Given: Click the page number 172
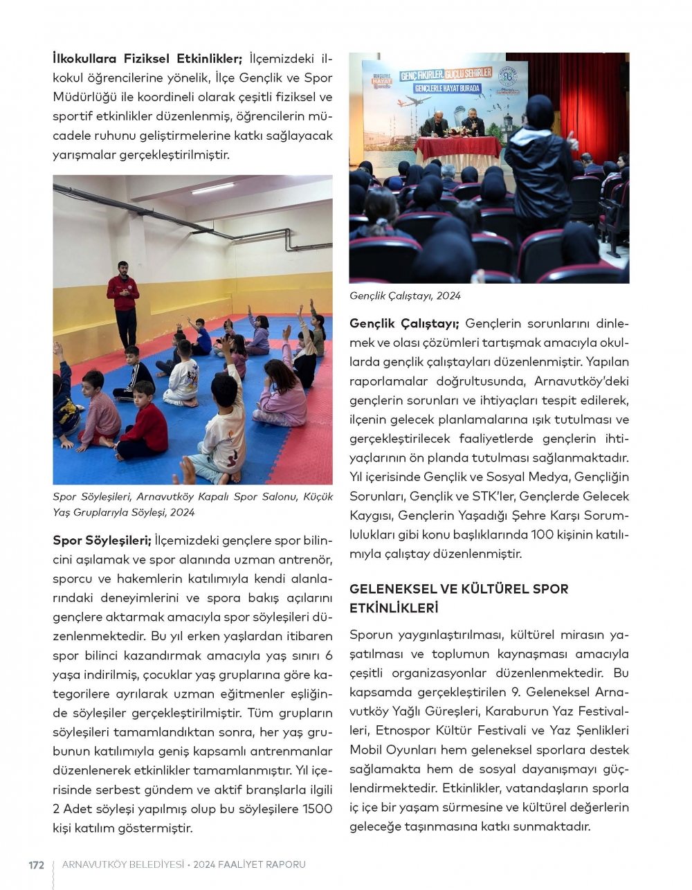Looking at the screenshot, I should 36,864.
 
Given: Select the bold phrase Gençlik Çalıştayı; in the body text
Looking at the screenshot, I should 404,323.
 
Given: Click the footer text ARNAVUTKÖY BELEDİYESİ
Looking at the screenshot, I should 123,864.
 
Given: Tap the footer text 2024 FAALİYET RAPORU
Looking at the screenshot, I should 249,864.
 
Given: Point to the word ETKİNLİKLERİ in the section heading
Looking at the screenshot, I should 394,608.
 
